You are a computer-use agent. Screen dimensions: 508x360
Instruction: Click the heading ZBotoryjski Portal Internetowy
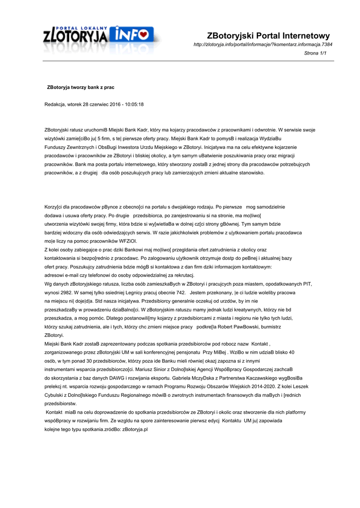tap(268, 36)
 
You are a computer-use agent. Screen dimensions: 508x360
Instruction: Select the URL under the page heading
tap(263, 45)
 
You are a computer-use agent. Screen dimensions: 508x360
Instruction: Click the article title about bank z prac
tap(80, 87)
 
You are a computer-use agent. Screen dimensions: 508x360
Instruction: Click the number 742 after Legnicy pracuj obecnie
tap(177, 293)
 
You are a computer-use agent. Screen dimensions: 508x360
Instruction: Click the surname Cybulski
tap(55, 395)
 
